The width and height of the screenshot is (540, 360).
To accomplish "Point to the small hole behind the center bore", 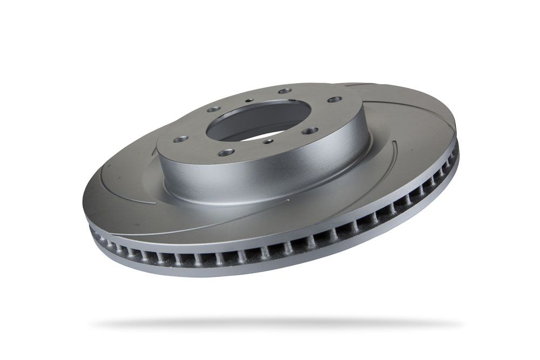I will pos(249,100).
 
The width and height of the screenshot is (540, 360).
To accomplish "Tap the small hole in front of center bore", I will pos(268,141).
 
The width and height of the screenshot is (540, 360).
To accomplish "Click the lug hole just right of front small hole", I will pos(310,131).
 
